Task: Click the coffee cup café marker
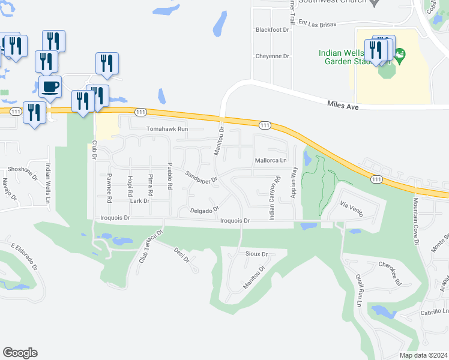pos(50,88)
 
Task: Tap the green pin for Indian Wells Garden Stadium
pos(399,57)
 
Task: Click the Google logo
pos(20,353)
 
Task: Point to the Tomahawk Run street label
pos(167,129)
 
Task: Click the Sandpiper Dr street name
pos(200,178)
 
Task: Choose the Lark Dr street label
pos(139,201)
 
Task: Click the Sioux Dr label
pos(256,254)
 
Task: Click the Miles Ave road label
pos(343,105)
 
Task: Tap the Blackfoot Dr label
pos(272,29)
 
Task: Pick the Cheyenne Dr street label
pos(273,56)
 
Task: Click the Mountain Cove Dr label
pos(414,218)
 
